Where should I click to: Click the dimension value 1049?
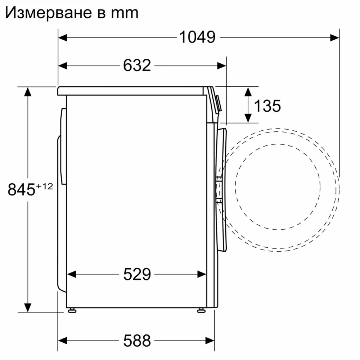tap(197, 37)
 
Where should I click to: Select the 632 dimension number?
tap(137, 66)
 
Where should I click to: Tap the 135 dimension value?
tap(267, 106)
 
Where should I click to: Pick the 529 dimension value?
tap(137, 275)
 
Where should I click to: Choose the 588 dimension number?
tap(137, 339)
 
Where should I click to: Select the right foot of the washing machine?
tap(201, 310)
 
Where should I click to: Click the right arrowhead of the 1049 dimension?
tap(335, 37)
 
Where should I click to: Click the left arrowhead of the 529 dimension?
tap(72, 275)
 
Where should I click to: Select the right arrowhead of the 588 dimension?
tap(211, 339)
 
